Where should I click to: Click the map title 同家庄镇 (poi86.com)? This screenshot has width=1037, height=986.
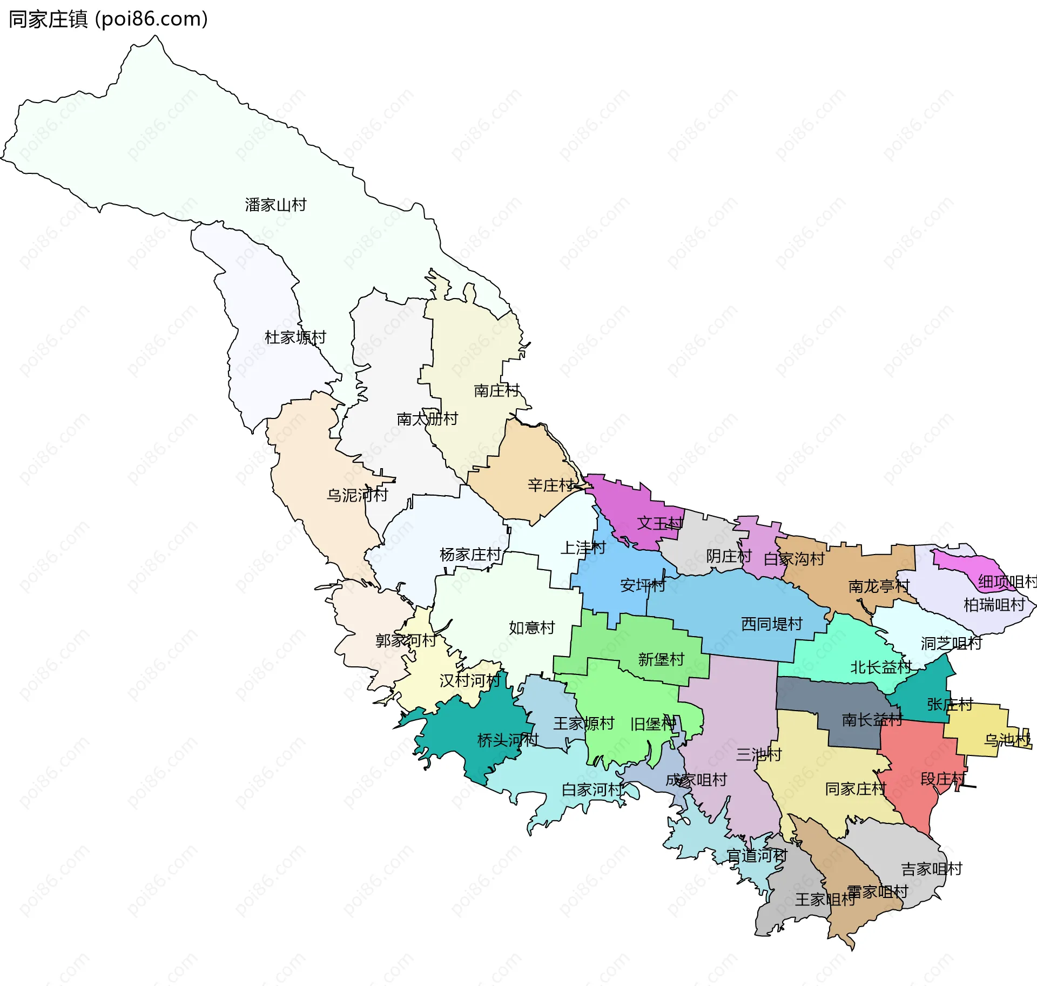point(108,19)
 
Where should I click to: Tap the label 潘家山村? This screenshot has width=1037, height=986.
point(275,205)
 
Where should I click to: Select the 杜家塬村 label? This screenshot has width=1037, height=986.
point(295,337)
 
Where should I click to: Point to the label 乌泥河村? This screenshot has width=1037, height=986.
point(357,495)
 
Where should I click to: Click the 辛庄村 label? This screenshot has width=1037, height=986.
point(550,485)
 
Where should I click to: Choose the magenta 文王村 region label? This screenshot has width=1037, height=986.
point(659,523)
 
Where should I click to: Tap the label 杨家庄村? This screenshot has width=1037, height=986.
point(470,555)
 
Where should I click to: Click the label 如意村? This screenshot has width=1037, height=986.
point(531,627)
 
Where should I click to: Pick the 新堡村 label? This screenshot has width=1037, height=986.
point(661,659)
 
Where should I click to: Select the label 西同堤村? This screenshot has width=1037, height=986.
point(771,624)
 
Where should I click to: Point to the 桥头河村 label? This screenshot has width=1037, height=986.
point(508,740)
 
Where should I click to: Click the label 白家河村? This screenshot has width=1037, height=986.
point(592,790)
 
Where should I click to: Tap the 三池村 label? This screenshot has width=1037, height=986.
point(758,754)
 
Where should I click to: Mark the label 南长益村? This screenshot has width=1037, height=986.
point(872,720)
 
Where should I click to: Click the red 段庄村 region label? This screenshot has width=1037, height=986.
point(943,779)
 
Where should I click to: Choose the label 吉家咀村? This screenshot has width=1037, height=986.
point(932,869)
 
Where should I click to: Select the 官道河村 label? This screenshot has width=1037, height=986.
point(756,855)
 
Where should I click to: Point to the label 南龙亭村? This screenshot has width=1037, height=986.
point(879,586)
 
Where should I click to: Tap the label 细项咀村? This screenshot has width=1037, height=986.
point(1007,582)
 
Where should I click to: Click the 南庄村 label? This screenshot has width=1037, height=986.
point(496,390)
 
